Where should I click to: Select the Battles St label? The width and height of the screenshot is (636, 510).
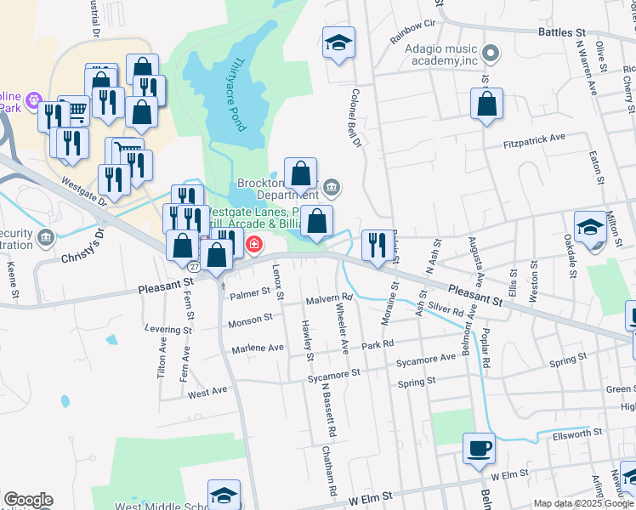[563, 33]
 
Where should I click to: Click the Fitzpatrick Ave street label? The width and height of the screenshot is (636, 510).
[534, 139]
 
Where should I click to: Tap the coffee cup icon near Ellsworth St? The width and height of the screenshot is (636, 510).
[479, 448]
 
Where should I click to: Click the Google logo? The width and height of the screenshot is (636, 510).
[28, 500]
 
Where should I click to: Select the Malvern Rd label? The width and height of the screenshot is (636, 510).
[329, 300]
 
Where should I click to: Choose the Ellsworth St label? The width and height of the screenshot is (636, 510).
[578, 433]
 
